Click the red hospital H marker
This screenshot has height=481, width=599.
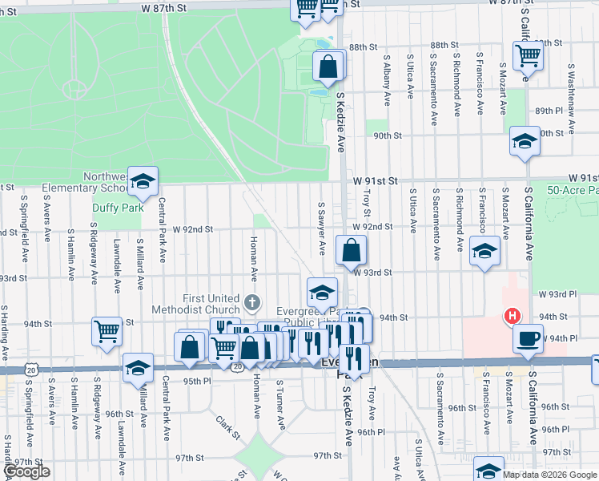pyautogui.click(x=509, y=316)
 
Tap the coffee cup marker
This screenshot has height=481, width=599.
pyautogui.click(x=528, y=338)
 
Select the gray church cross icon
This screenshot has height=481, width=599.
pyautogui.click(x=252, y=302)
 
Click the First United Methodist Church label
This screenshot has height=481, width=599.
pyautogui.click(x=199, y=304)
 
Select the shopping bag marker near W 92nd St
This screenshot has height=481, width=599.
pyautogui.click(x=351, y=249)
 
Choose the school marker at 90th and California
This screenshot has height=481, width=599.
pyautogui.click(x=524, y=141)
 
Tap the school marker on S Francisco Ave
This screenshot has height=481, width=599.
pyautogui.click(x=484, y=251)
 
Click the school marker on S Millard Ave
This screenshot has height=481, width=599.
pyautogui.click(x=138, y=368)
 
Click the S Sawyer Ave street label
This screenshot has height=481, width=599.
pyautogui.click(x=322, y=228)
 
